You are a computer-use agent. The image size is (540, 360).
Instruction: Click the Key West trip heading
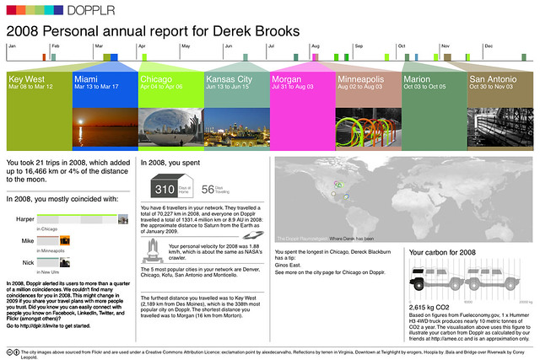pyautogui.click(x=28, y=78)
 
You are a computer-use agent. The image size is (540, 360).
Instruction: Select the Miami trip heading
pyautogui.click(x=89, y=78)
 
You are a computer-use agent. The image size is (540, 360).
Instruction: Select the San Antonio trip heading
pyautogui.click(x=498, y=78)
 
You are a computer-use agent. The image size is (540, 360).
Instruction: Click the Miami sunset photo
pyautogui.click(x=103, y=121)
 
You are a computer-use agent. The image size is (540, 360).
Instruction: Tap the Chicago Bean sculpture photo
pyautogui.click(x=169, y=121)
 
